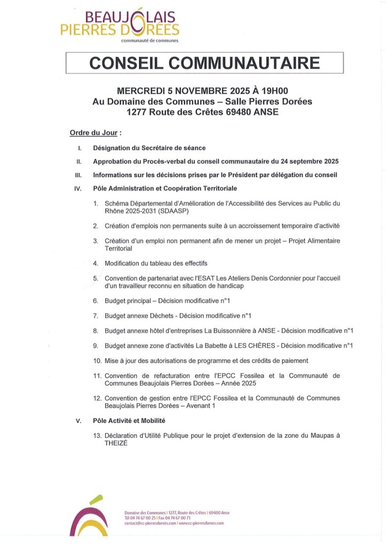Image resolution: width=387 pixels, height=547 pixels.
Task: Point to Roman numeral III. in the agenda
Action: coord(79,175)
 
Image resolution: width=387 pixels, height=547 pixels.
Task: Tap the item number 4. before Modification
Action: coord(96,263)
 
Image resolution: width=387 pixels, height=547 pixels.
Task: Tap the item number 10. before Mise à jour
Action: coord(97,361)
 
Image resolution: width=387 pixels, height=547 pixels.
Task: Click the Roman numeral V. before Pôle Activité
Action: coord(79,421)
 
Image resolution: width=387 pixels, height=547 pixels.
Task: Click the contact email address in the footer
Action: coord(150,523)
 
